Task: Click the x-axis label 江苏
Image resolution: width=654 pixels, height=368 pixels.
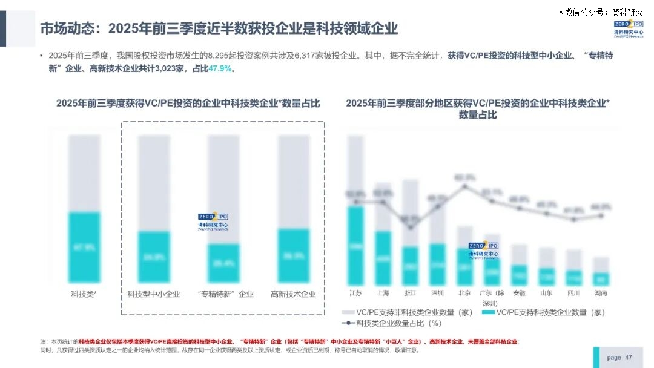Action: [x=355, y=293]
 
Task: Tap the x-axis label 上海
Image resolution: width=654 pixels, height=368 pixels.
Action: [x=383, y=293]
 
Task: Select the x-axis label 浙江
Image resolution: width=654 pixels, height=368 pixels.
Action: [x=410, y=293]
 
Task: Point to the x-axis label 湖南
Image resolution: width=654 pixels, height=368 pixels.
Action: [x=601, y=293]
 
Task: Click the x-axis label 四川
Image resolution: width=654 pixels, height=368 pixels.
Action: [x=573, y=293]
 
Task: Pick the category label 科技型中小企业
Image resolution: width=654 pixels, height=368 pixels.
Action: [x=154, y=295]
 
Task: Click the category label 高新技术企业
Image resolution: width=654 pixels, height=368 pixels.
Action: [x=293, y=295]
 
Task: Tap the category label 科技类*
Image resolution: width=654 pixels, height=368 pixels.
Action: [x=84, y=295]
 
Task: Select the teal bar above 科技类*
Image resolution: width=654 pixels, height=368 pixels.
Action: [x=84, y=247]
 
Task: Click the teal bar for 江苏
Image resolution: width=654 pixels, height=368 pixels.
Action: [x=355, y=246]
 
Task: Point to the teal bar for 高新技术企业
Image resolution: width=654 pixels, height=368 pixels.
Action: [x=293, y=255]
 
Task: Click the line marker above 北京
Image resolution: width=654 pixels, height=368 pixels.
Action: [x=464, y=185]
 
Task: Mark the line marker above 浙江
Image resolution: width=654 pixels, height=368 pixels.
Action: [x=410, y=227]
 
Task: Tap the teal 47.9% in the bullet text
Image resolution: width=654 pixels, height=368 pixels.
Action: [x=220, y=68]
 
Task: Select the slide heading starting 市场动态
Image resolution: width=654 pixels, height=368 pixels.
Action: [x=219, y=28]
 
